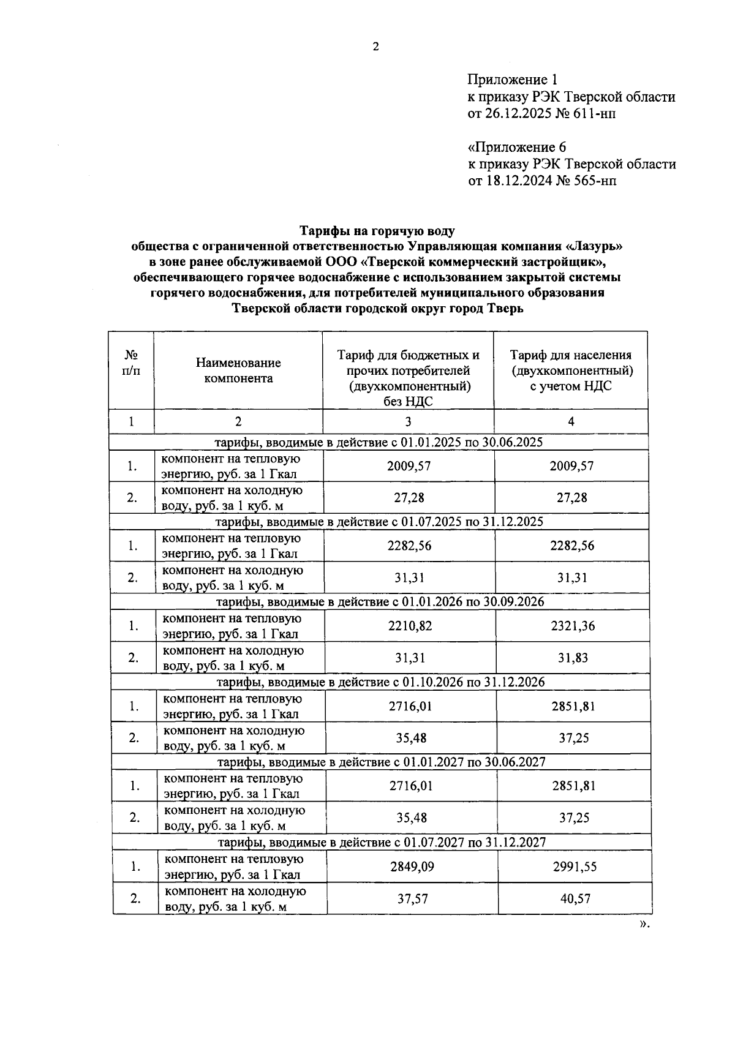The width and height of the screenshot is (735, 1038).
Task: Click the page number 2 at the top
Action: [376, 47]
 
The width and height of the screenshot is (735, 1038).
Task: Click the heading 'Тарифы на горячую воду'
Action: [377, 231]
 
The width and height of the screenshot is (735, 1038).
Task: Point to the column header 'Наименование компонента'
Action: [238, 370]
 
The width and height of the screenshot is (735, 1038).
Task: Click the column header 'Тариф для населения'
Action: [571, 355]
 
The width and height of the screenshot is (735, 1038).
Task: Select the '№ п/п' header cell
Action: [131, 363]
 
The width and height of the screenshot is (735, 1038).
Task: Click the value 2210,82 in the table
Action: [409, 626]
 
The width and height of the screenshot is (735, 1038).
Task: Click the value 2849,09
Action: [410, 867]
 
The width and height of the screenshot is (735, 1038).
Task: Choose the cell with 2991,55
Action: [574, 867]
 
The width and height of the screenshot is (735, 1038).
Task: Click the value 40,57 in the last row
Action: [574, 898]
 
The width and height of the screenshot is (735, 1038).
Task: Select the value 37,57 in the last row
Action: [411, 898]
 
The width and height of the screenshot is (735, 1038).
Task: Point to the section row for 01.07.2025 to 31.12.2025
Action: [380, 522]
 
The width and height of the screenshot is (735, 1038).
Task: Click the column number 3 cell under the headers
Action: [408, 421]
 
